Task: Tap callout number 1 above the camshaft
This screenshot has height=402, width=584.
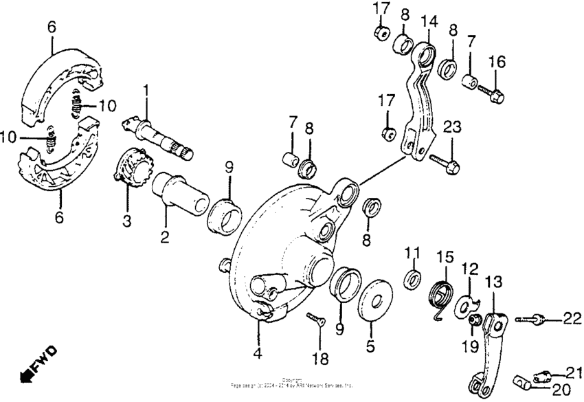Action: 146,90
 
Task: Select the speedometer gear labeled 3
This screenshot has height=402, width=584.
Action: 130,171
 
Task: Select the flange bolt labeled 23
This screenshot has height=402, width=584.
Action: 445,162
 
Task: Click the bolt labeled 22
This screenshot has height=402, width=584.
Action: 531,318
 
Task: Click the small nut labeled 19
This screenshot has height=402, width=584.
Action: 473,320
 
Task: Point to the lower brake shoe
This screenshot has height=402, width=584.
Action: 55,165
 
